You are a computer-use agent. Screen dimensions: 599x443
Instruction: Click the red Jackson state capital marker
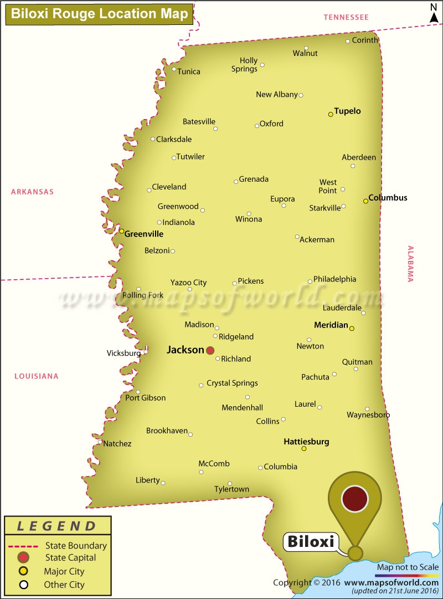click(210, 350)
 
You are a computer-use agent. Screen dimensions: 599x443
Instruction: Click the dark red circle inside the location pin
click(355, 498)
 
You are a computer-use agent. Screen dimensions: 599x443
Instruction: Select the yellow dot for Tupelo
click(331, 114)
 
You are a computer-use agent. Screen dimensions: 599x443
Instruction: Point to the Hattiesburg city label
click(306, 442)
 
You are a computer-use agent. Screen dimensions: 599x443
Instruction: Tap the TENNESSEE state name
click(346, 18)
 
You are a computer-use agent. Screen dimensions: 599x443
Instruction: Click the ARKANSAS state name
click(32, 192)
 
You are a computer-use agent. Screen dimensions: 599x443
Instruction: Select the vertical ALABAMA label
click(410, 264)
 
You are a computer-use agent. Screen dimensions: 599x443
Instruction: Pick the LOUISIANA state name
click(36, 376)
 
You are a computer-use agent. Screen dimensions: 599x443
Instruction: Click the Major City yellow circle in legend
click(23, 571)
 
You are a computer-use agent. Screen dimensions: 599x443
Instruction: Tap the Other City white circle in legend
click(23, 585)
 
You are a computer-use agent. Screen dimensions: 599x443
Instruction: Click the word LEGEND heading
click(56, 526)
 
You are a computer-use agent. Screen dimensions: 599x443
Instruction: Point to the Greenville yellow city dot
click(122, 231)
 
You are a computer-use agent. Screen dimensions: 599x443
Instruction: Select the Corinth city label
click(365, 40)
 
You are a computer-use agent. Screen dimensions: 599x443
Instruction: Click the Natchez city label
click(117, 443)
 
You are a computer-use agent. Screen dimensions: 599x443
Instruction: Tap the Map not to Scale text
click(408, 567)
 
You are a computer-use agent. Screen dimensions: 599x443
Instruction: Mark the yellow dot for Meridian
click(352, 328)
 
